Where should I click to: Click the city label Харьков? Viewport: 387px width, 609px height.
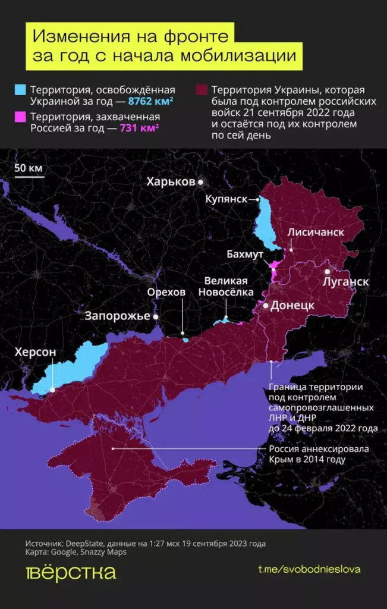click(x=171, y=181)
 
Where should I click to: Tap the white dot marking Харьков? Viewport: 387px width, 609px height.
click(x=201, y=181)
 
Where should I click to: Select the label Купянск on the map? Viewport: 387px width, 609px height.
click(x=226, y=199)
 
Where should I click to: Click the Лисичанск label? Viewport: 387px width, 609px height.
click(x=316, y=231)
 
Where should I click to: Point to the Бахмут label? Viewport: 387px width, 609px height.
click(x=244, y=254)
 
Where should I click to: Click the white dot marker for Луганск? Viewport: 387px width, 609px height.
click(x=327, y=271)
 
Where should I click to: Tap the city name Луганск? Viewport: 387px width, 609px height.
click(x=345, y=281)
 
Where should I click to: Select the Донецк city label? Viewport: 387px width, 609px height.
click(x=292, y=306)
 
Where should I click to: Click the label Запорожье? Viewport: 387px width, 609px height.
click(x=118, y=316)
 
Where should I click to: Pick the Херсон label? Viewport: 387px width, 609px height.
click(x=36, y=352)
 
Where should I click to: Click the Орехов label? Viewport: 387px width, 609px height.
click(x=166, y=292)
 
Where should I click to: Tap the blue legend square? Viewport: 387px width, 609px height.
click(x=21, y=90)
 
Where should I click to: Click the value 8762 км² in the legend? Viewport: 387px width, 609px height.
click(x=150, y=102)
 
